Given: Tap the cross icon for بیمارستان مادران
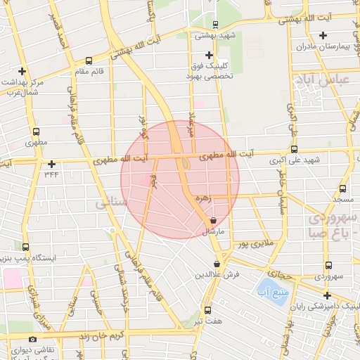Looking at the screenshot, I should point(323,35).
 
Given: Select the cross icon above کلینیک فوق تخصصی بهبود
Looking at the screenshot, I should point(208,55).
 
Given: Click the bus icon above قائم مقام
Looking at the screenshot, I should point(88,60).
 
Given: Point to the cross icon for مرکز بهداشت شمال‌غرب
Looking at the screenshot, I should point(22,71).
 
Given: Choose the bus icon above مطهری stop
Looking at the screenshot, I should point(36,131).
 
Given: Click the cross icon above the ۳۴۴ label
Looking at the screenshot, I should point(51,164).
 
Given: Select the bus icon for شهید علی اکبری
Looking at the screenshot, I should point(294,149).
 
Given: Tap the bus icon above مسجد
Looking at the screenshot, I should point(342,188).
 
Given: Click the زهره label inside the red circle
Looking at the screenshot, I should point(203,199).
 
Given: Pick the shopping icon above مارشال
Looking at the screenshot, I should point(213,220).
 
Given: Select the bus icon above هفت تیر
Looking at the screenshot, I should point(207,310).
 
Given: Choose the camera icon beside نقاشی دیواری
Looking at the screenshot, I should point(32,340).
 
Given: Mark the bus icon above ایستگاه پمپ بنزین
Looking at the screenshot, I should point(26,247).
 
